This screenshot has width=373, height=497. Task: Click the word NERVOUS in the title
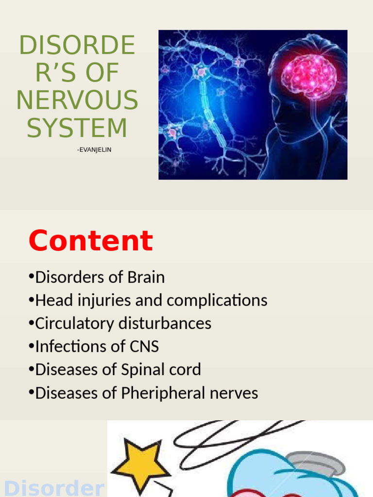pyautogui.click(x=77, y=100)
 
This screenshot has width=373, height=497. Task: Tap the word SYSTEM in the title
pyautogui.click(x=77, y=128)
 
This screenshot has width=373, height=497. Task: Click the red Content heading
pyautogui.click(x=91, y=241)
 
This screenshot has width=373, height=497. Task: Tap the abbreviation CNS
pyautogui.click(x=144, y=347)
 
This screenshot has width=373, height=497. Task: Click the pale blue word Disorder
pyautogui.click(x=53, y=488)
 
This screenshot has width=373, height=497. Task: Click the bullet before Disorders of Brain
pyautogui.click(x=31, y=278)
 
